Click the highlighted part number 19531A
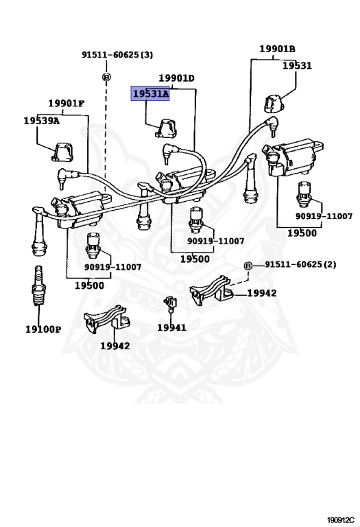point(150,94)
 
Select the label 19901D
point(176,78)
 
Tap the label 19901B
point(277,49)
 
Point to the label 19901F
point(66,103)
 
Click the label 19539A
point(42,121)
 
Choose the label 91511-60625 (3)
point(117,54)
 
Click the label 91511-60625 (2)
point(300,264)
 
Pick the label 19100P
point(43,329)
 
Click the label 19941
point(171,327)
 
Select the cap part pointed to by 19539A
point(63,151)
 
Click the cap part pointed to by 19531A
point(166,128)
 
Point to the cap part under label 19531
point(274,104)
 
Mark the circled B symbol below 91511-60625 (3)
point(106,78)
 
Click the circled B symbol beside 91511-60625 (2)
point(248,266)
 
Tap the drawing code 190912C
point(341,520)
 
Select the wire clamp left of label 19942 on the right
point(211,290)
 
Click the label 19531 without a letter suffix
point(297,66)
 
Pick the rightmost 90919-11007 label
point(324,215)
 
